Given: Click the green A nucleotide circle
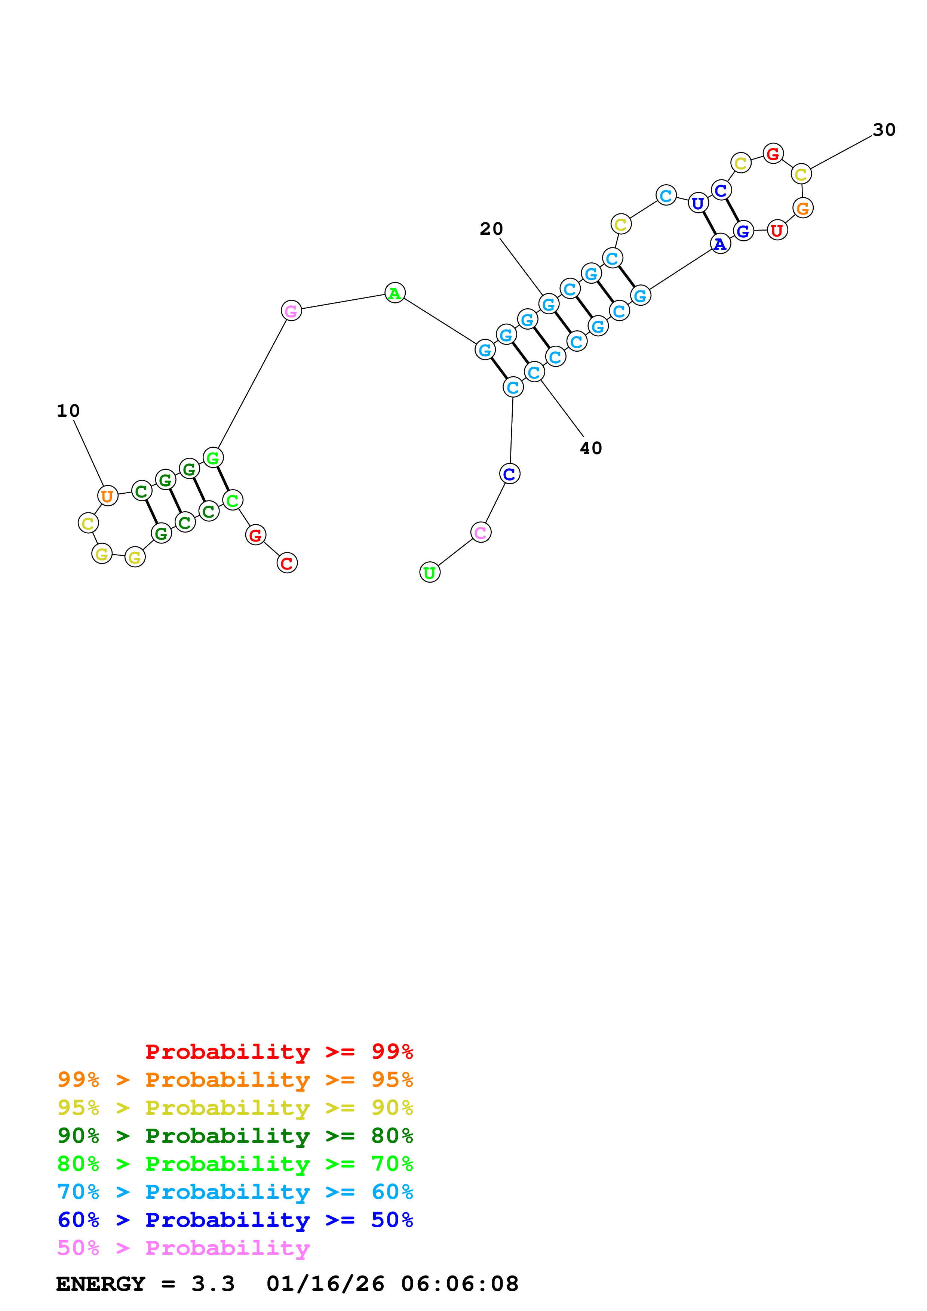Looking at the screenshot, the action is pos(395,293).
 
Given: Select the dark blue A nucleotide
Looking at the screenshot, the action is pos(720,244).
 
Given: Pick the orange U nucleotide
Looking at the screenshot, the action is pos(107,496).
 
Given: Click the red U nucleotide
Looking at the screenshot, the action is pos(777,230).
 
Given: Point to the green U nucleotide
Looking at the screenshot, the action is pos(430,572).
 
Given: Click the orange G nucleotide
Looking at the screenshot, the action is pos(802,209).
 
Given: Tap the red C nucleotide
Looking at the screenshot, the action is pos(287,563).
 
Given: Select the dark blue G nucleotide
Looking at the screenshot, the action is pos(743,231).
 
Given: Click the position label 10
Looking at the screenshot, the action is pos(68,411).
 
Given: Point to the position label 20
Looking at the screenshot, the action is pos(491,229).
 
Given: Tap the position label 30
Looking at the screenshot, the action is pos(884,130).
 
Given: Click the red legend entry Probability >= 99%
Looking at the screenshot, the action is pos(279,1052).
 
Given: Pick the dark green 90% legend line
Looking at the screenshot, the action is pos(235,1136).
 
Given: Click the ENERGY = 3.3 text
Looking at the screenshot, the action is pos(145,1284).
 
